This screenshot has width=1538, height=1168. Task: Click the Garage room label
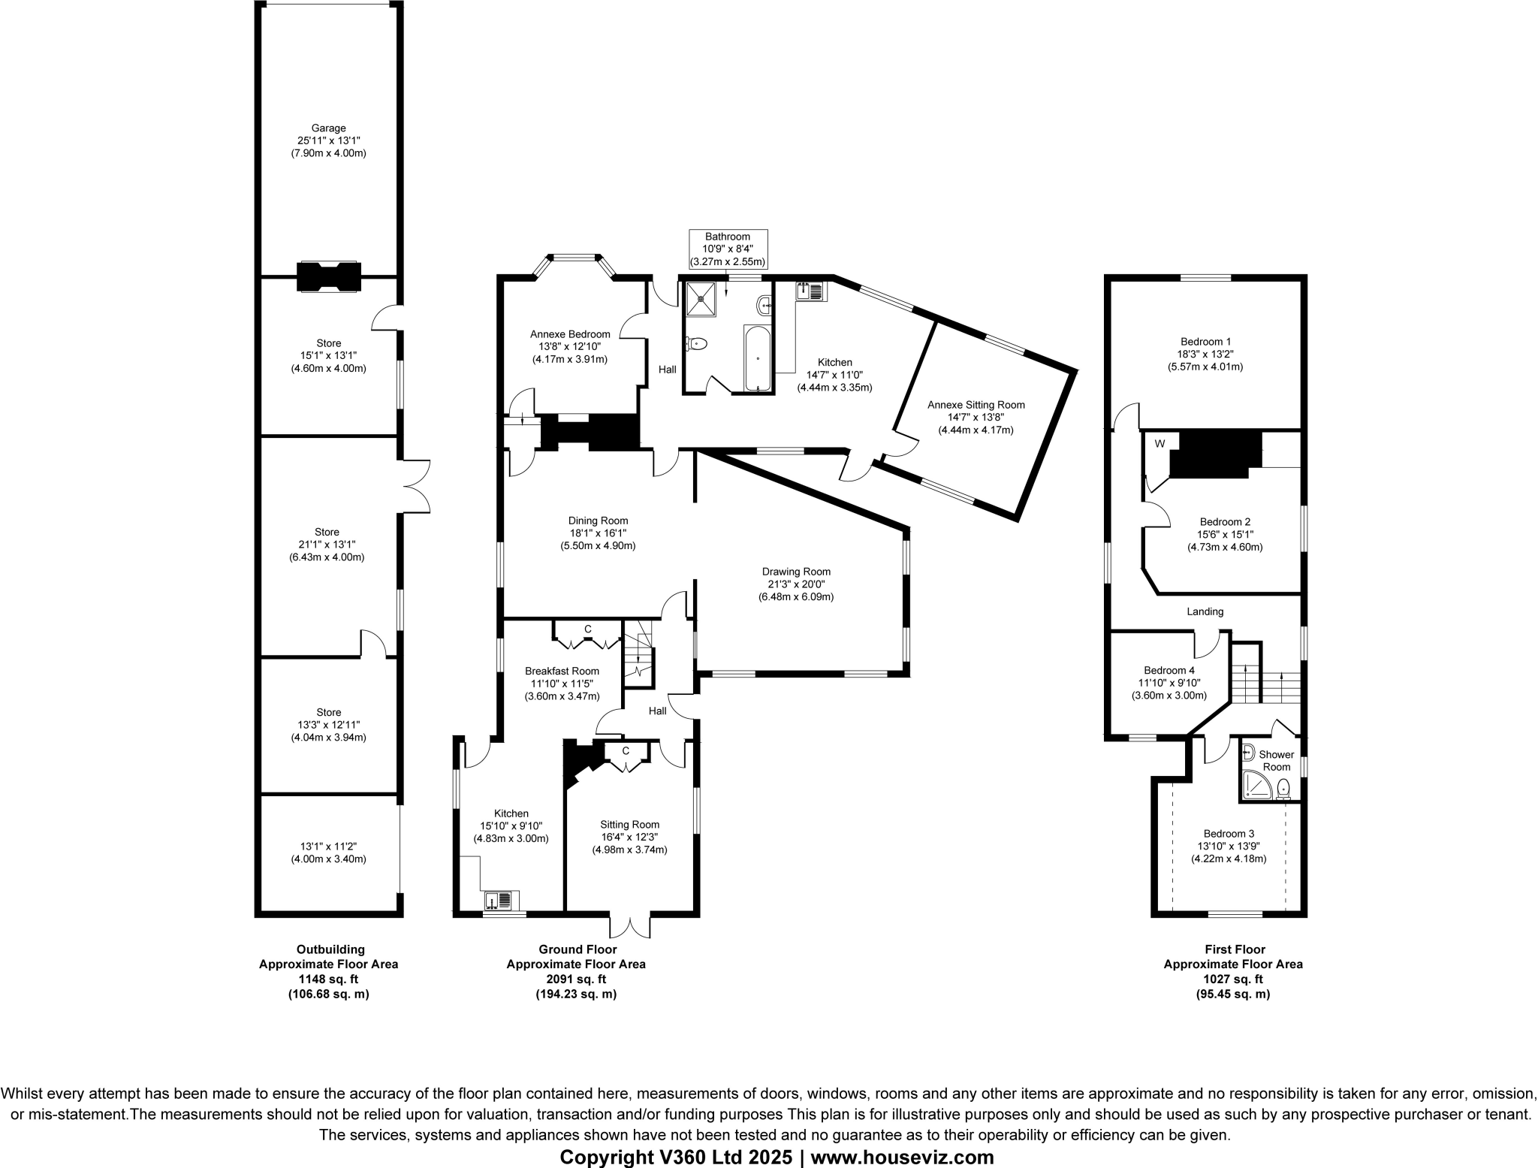pyautogui.click(x=328, y=128)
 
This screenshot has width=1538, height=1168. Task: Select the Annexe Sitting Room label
pyautogui.click(x=976, y=405)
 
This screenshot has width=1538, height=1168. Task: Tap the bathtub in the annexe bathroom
pyautogui.click(x=758, y=358)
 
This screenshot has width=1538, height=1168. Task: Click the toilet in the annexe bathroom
pyautogui.click(x=697, y=344)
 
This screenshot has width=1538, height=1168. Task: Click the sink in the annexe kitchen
pyautogui.click(x=810, y=290)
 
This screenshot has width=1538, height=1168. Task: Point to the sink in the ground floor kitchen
pyautogui.click(x=499, y=900)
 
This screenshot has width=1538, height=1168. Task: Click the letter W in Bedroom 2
pyautogui.click(x=1160, y=444)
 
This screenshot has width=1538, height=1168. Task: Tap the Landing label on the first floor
pyautogui.click(x=1205, y=611)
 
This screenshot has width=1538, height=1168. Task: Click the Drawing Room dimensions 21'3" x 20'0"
pyautogui.click(x=796, y=584)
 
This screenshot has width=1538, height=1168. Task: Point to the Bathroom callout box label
pyautogui.click(x=728, y=237)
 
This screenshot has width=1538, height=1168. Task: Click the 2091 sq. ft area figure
pyautogui.click(x=576, y=979)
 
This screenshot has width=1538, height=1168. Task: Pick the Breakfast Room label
pyautogui.click(x=562, y=672)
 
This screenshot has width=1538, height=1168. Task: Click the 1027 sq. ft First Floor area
pyautogui.click(x=1232, y=979)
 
